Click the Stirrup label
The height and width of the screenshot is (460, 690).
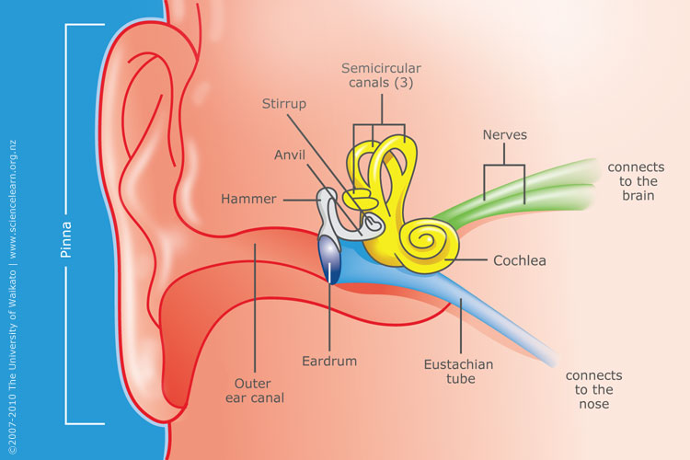(284, 104)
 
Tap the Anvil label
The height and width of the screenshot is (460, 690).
(290, 155)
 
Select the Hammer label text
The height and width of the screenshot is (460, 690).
(248, 199)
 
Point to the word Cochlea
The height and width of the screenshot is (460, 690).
(520, 260)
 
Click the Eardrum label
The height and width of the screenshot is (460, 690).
(329, 361)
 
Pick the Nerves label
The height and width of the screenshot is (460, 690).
(505, 134)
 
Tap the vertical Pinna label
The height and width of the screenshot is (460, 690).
(66, 239)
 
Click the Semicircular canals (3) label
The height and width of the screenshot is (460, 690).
(381, 75)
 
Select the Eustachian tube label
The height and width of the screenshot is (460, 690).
(458, 372)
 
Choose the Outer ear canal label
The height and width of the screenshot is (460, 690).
(254, 390)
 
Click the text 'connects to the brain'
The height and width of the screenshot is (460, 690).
(637, 181)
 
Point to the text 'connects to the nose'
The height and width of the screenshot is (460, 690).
(594, 389)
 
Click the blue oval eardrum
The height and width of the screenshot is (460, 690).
(329, 259)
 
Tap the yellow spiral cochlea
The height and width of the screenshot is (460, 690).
(426, 245)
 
